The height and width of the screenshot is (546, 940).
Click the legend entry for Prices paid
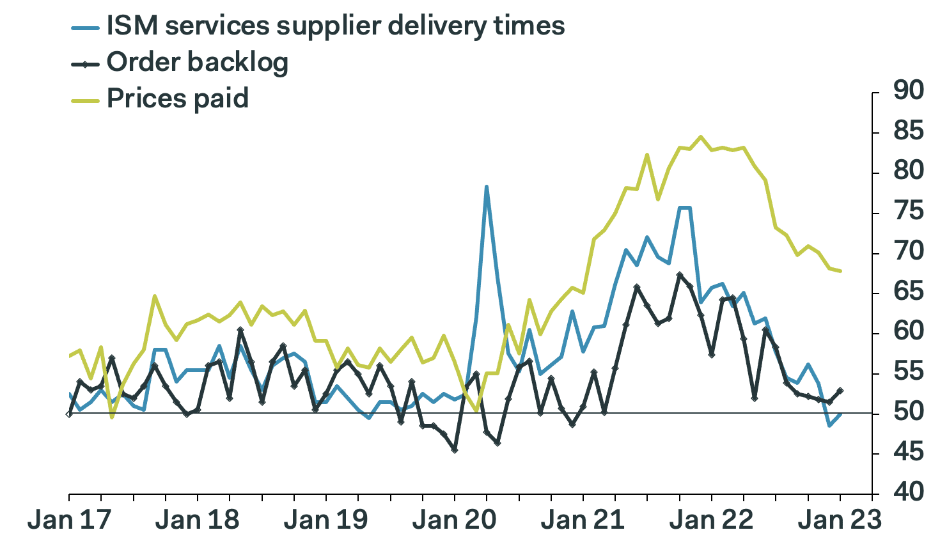click(177, 98)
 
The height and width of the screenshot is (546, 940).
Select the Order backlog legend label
click(197, 62)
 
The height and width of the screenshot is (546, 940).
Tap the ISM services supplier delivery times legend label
click(335, 26)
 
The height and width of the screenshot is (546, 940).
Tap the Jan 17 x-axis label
click(69, 520)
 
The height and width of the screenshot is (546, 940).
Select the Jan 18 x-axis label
click(198, 520)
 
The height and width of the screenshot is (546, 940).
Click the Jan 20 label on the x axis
click(454, 520)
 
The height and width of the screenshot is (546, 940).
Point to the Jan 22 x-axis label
click(711, 520)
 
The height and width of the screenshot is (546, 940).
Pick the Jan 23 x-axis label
click(840, 520)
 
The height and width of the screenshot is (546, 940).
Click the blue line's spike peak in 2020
click(487, 187)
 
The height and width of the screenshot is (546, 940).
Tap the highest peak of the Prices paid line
click(701, 136)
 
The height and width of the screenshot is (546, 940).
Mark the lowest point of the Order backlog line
click(455, 450)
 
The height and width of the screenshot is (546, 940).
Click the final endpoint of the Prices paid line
click(840, 271)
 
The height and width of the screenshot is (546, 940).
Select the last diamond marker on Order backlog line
click(840, 391)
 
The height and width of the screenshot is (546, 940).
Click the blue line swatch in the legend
click(84, 27)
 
